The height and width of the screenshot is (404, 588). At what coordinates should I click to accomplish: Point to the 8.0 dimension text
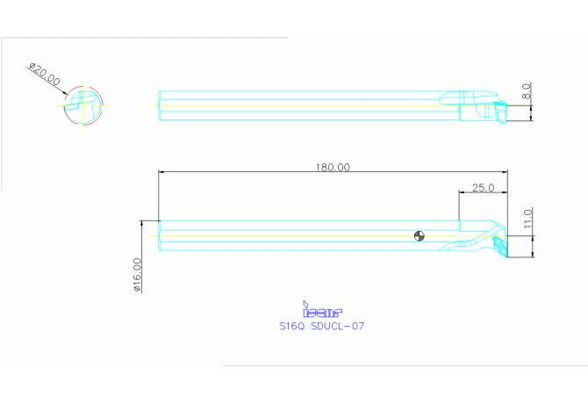(527, 91)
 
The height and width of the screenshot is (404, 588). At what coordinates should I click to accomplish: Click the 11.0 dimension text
(527, 219)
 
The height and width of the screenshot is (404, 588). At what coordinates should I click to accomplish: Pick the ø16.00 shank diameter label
(137, 275)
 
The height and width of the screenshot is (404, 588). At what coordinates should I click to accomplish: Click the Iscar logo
(322, 310)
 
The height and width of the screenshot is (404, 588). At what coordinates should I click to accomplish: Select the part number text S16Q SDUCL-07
(321, 326)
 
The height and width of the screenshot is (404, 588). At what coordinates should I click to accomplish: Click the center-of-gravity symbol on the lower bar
(420, 235)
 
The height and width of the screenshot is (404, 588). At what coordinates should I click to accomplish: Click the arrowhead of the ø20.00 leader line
(65, 93)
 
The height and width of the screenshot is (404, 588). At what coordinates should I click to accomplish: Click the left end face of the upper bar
(159, 105)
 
